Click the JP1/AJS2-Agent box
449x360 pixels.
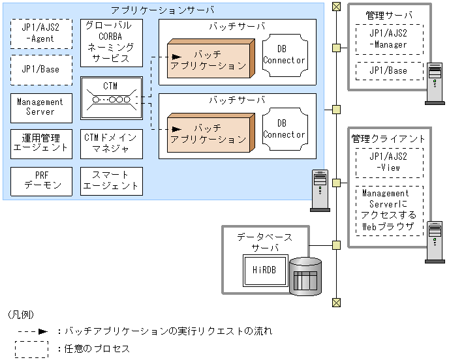(x=40, y=34)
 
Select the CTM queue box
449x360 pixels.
(x=111, y=98)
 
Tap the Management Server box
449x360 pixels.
(x=40, y=107)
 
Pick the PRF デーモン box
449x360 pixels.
(x=40, y=180)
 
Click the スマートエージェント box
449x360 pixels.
(x=111, y=180)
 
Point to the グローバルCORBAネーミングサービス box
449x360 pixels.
(x=111, y=42)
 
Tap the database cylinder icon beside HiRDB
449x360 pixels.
(x=305, y=275)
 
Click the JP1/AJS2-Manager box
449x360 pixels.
(x=388, y=39)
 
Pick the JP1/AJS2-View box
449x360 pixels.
(x=388, y=162)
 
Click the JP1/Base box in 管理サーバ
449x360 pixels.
(x=388, y=70)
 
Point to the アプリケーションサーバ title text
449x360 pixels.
(x=163, y=10)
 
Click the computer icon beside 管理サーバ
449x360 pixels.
(x=434, y=83)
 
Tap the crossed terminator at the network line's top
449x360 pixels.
(x=336, y=7)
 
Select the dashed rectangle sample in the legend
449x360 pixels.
(x=33, y=349)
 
